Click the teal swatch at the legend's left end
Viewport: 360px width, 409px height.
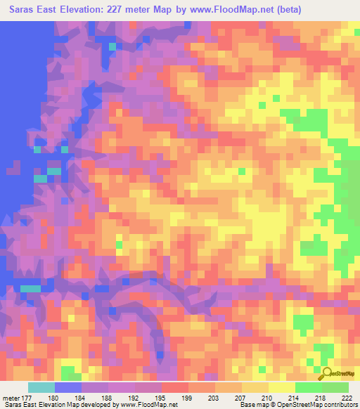tap(41, 387)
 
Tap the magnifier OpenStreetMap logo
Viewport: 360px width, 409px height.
tap(327, 373)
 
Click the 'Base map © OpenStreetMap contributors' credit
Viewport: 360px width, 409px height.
tap(296, 405)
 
